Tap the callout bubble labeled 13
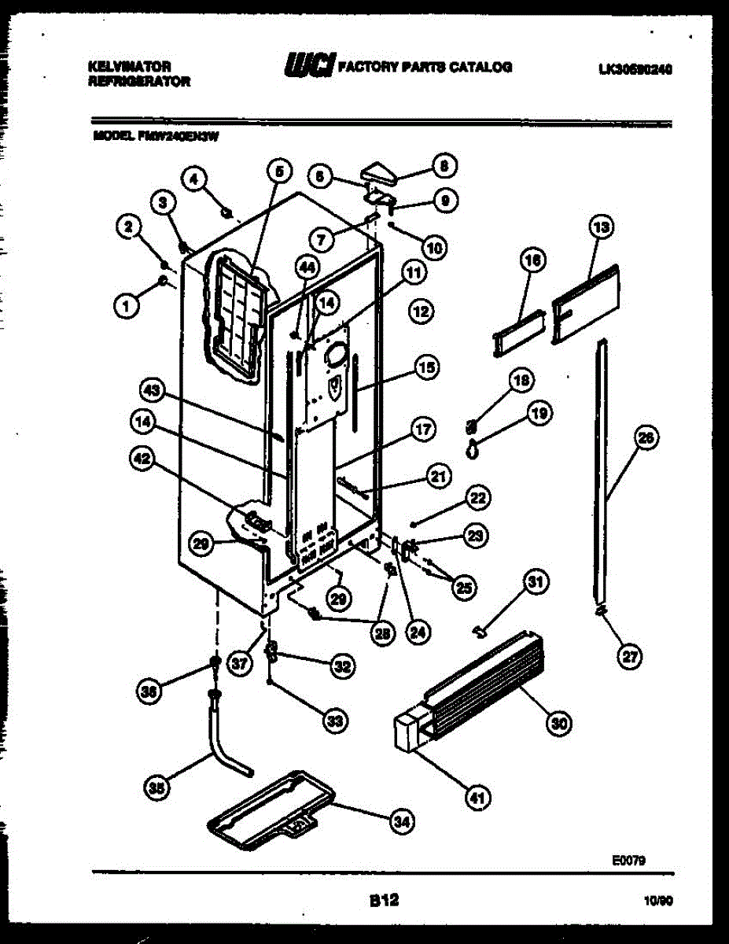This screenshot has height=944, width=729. (x=601, y=227)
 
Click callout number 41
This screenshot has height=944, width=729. (x=476, y=798)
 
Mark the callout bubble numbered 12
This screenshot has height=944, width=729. (x=421, y=312)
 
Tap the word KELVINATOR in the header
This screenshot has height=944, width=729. (x=130, y=68)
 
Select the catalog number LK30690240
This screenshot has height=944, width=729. (x=635, y=68)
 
